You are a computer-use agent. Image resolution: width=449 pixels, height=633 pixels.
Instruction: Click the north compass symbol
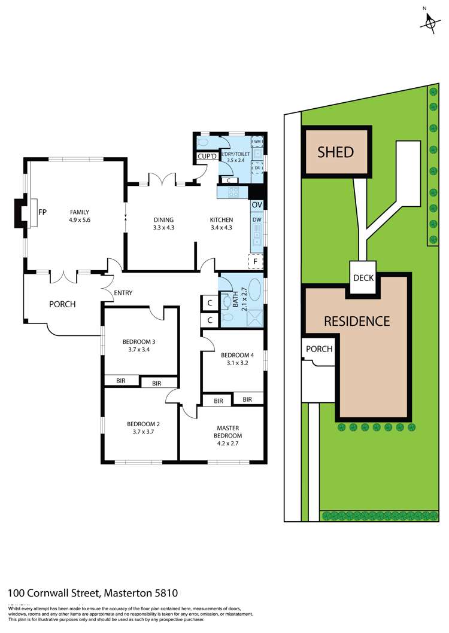click(429, 22)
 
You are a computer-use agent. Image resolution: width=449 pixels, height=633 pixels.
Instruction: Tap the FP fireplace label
click(43, 212)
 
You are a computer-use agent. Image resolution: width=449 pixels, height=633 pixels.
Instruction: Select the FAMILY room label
click(80, 212)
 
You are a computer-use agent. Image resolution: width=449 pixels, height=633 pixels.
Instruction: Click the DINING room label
click(163, 220)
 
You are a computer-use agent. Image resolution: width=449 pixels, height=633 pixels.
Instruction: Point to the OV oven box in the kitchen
click(257, 205)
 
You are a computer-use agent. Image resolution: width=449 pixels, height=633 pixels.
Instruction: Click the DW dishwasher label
click(257, 220)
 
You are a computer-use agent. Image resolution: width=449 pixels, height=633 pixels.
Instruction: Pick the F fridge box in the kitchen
click(256, 261)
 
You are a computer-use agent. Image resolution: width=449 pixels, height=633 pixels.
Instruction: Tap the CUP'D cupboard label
click(206, 157)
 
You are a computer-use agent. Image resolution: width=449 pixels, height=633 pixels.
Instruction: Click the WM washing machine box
click(257, 142)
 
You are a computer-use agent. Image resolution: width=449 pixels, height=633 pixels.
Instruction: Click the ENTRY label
click(123, 293)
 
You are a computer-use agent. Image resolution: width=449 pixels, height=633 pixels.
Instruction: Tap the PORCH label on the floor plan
click(62, 304)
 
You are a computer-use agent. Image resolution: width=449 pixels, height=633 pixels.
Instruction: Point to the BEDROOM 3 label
click(139, 342)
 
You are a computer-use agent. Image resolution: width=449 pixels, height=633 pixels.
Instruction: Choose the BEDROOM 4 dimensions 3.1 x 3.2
click(233, 363)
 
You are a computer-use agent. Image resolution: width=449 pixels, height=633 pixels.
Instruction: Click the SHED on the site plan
click(336, 152)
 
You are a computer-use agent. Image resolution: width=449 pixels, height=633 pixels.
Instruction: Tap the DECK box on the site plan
click(364, 278)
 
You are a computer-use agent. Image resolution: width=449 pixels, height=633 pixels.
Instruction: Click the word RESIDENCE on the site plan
click(357, 321)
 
